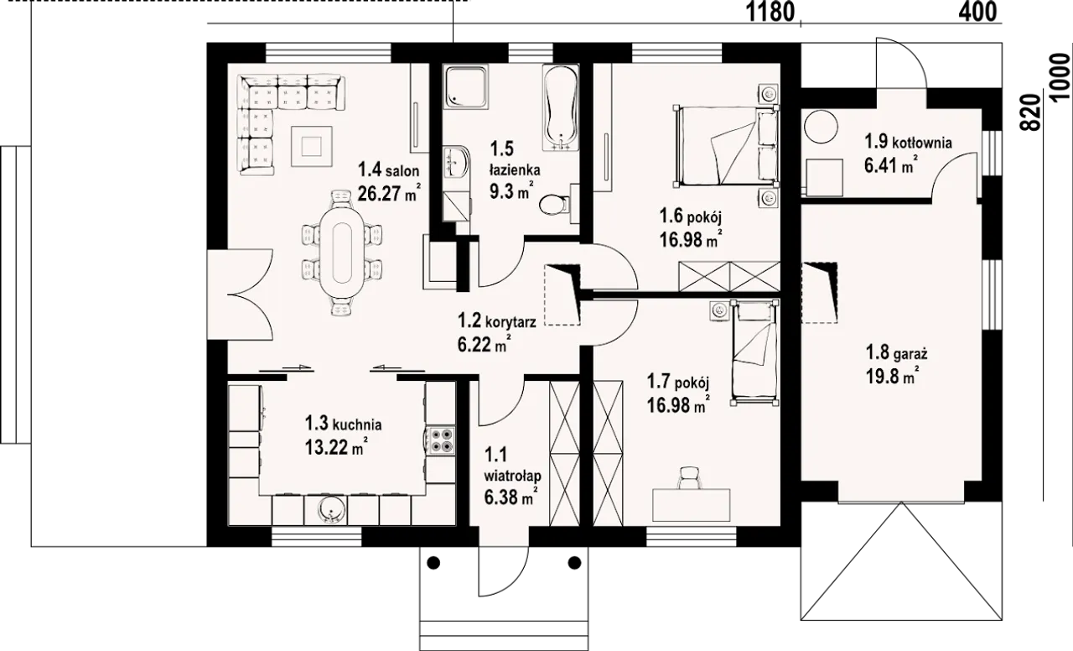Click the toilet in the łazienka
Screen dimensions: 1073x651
[x=554, y=205]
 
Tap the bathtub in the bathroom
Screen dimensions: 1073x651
[x=560, y=107]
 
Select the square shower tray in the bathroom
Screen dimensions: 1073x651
[x=465, y=87]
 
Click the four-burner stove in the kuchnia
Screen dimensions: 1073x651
[x=441, y=440]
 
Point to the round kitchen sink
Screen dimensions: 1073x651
[x=330, y=510]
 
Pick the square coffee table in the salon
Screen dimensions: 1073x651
[x=311, y=145]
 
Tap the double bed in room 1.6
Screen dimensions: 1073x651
[x=726, y=145]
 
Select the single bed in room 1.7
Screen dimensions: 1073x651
[x=754, y=353]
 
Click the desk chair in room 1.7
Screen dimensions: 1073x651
[x=690, y=477]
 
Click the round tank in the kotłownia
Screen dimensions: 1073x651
[x=821, y=126]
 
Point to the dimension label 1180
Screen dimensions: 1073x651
[x=770, y=12]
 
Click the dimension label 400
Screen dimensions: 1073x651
[x=977, y=12]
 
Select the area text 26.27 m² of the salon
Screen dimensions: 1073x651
[x=390, y=193]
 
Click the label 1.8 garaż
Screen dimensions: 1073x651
[x=896, y=353]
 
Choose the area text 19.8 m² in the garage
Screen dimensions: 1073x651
[x=892, y=377]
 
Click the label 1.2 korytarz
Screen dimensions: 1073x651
[x=497, y=320]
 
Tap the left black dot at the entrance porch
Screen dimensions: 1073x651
[x=433, y=562]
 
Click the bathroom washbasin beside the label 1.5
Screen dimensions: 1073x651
[x=455, y=162]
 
